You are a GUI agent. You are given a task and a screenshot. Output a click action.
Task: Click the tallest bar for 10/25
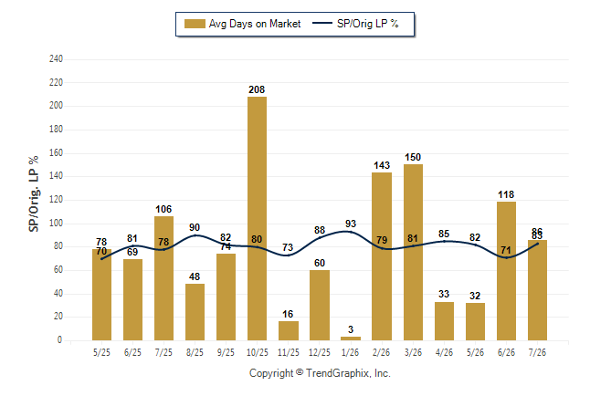click(x=257, y=218)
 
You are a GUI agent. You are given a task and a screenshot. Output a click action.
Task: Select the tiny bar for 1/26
click(x=351, y=339)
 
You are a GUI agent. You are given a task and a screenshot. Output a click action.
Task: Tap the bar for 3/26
click(x=413, y=253)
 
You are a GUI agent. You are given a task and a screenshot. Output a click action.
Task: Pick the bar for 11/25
click(x=289, y=330)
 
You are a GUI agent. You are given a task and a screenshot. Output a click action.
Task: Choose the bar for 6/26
click(x=507, y=271)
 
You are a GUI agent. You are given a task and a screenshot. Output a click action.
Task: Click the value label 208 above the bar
click(x=257, y=89)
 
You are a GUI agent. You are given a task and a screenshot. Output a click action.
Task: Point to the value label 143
click(x=382, y=165)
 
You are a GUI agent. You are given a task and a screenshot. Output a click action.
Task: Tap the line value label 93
click(x=351, y=224)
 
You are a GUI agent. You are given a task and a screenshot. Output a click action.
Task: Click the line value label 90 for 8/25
click(x=195, y=227)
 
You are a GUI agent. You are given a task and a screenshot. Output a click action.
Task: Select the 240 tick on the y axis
click(x=56, y=58)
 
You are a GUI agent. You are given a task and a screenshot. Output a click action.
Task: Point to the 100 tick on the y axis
click(x=56, y=223)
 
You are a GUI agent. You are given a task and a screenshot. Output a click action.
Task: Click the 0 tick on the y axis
click(x=59, y=340)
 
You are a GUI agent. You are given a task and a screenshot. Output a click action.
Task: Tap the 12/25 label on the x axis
click(x=320, y=352)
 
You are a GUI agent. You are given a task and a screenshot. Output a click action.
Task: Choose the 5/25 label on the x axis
click(x=101, y=352)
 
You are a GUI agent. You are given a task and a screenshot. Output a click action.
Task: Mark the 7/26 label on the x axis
click(x=537, y=352)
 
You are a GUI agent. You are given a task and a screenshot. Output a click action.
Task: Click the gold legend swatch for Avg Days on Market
click(x=195, y=24)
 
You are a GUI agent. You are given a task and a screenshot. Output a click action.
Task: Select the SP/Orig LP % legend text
click(x=368, y=24)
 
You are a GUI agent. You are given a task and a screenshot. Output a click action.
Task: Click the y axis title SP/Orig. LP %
click(x=34, y=193)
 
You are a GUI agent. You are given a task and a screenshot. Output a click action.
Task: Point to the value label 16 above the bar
click(x=288, y=314)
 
